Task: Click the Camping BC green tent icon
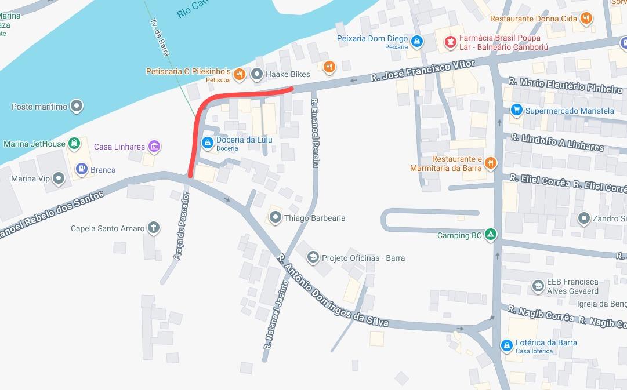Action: [491, 235]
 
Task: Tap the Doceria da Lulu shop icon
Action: [207, 142]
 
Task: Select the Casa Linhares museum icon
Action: [154, 147]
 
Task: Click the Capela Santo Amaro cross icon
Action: [154, 228]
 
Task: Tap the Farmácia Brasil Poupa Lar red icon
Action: [450, 41]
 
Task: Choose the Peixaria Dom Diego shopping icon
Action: [416, 41]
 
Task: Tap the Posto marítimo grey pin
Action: [77, 107]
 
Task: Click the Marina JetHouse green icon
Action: [74, 143]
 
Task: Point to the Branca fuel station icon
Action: [82, 169]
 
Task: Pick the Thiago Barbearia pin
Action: [275, 218]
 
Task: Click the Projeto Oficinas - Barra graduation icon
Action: [313, 257]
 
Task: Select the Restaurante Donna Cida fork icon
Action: [587, 19]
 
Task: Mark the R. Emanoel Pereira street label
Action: [315, 133]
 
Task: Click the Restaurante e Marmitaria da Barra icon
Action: [491, 163]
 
